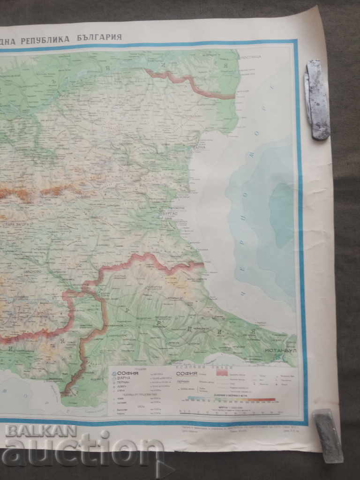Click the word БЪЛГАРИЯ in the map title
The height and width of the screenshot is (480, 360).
[100, 37]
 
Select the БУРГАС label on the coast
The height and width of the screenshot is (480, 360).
[167, 212]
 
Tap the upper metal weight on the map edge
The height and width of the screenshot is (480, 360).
[317, 99]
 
